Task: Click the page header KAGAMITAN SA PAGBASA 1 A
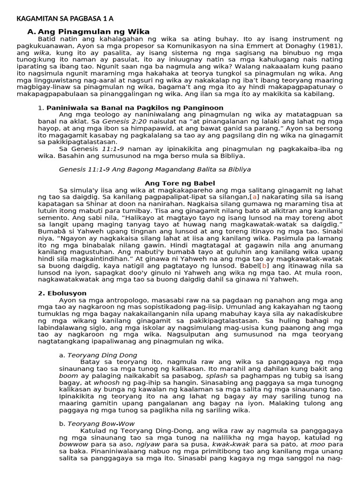(x=65, y=19)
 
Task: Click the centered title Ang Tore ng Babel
(x=180, y=183)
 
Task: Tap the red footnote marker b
(x=265, y=265)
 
